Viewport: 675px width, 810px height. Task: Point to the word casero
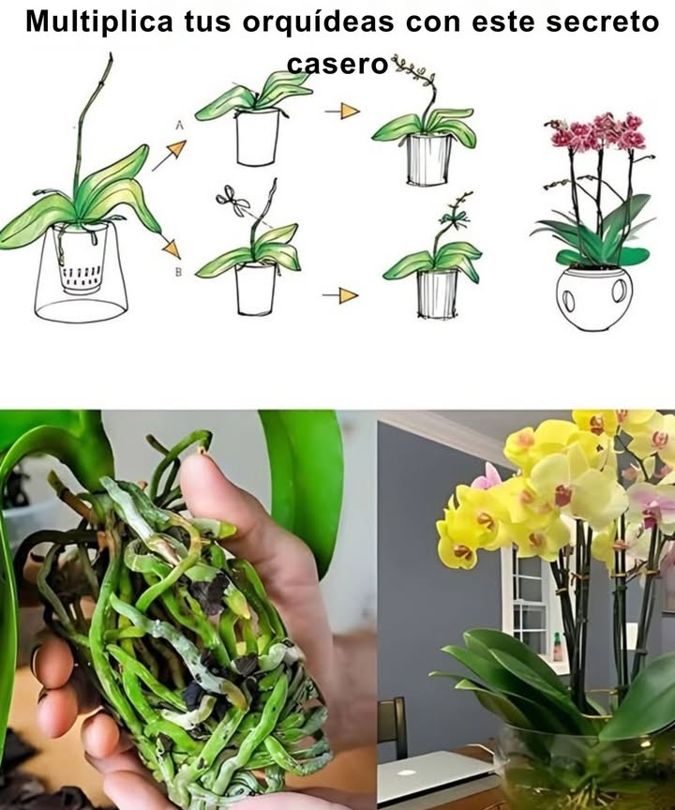337,64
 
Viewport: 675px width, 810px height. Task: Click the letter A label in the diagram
177,124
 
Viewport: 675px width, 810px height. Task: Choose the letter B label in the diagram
178,274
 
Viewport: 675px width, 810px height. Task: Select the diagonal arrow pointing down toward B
169,247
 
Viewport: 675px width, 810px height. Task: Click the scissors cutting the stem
230,198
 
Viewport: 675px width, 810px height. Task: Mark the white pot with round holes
593,298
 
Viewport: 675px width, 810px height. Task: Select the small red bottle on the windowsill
558,646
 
